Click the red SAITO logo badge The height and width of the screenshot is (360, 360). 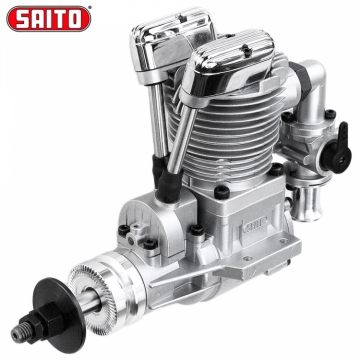click(48, 18)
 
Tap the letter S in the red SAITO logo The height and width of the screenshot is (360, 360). click(21, 19)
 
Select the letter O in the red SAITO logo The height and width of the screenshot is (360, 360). click(76, 19)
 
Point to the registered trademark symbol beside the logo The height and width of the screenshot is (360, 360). click(91, 6)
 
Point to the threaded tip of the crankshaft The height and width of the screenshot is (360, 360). click(17, 332)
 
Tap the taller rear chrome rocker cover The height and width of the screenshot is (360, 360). click(172, 42)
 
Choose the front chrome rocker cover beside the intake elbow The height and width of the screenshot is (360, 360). click(230, 67)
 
